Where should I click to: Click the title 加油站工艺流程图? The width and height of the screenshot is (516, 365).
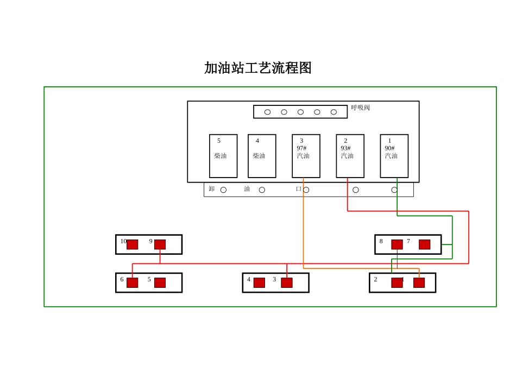point(257,68)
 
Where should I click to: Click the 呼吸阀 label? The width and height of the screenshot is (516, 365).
point(360,108)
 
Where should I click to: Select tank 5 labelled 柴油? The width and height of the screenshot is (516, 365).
point(223,156)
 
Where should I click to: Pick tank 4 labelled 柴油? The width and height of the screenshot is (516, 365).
point(262,156)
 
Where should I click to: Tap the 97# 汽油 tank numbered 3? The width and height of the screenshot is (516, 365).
point(306,156)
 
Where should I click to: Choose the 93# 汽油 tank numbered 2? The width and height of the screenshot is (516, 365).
point(350,156)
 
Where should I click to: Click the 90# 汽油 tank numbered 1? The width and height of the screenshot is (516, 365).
point(394,156)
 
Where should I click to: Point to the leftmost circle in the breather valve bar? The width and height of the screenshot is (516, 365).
point(267,112)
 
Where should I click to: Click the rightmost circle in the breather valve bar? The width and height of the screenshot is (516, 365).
point(333,112)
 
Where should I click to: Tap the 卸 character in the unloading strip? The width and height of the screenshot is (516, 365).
point(212,189)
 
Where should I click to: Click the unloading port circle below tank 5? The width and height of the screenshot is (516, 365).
point(223,190)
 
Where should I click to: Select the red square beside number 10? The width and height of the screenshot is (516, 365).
point(132,244)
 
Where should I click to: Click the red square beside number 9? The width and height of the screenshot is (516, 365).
point(160,244)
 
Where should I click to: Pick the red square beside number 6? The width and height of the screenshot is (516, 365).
point(132,282)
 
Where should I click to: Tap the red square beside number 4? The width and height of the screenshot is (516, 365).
point(259,282)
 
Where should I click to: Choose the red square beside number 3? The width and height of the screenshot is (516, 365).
point(287,282)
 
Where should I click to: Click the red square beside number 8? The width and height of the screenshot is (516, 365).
point(397,244)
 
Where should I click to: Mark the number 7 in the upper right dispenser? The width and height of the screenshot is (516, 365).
point(408,241)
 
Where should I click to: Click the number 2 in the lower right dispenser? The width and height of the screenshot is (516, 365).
point(375,279)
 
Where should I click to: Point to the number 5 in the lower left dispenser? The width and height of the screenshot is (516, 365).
point(149,279)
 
